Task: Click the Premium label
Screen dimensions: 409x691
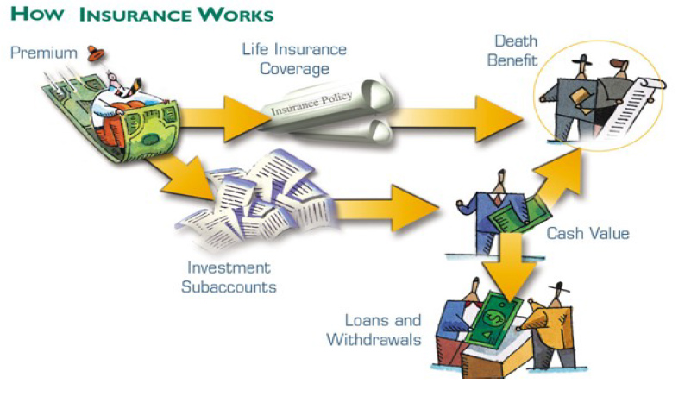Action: coord(44,53)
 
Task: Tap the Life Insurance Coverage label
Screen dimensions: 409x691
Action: coord(292,57)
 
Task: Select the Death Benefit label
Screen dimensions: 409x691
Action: coord(516,51)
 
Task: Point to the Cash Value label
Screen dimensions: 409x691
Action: coord(588,233)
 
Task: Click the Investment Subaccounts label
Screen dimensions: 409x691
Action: coord(226,277)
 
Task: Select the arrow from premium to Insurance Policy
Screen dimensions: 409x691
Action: coord(220,114)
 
